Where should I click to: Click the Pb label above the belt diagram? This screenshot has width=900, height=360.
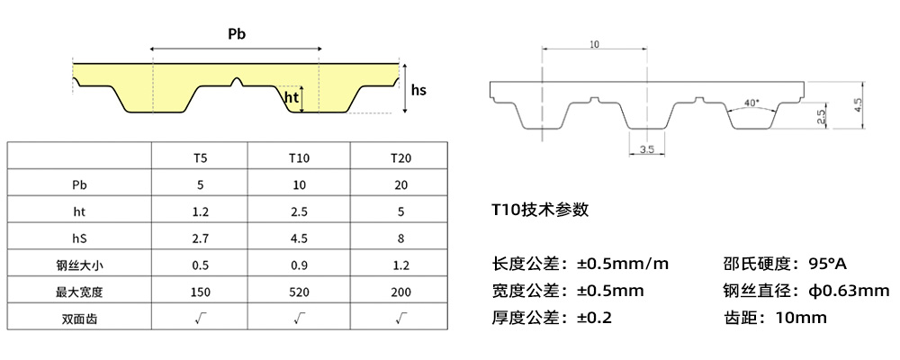pyautogui.click(x=237, y=34)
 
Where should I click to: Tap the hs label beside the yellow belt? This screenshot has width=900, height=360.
pyautogui.click(x=418, y=90)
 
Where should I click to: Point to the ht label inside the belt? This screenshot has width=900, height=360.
pyautogui.click(x=291, y=98)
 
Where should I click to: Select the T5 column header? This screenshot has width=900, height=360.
pyautogui.click(x=201, y=157)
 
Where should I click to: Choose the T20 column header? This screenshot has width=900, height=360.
pyautogui.click(x=401, y=157)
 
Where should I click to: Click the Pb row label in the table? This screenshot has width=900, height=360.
pyautogui.click(x=80, y=184)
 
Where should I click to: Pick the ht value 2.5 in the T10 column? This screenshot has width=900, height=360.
pyautogui.click(x=301, y=211)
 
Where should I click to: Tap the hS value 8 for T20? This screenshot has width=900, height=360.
pyautogui.click(x=401, y=238)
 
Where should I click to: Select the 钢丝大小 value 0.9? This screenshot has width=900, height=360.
pyautogui.click(x=301, y=265)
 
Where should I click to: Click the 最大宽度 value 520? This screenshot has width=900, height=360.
pyautogui.click(x=301, y=292)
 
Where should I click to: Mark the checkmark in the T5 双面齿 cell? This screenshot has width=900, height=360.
pyautogui.click(x=201, y=318)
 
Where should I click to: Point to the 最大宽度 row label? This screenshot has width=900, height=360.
pyautogui.click(x=80, y=292)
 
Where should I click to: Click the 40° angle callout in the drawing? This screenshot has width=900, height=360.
pyautogui.click(x=751, y=102)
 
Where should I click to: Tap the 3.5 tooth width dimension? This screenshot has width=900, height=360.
pyautogui.click(x=646, y=148)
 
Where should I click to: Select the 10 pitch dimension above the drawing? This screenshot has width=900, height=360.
pyautogui.click(x=595, y=44)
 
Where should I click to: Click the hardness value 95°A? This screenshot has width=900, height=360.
pyautogui.click(x=828, y=265)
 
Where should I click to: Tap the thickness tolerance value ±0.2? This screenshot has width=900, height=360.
pyautogui.click(x=595, y=318)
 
